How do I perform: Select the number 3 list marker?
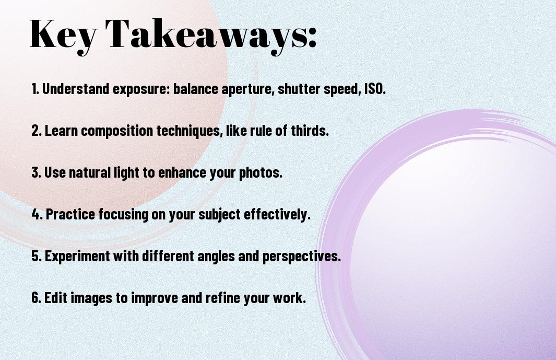[34, 172]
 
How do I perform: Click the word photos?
[261, 172]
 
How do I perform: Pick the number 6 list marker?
[35, 298]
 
